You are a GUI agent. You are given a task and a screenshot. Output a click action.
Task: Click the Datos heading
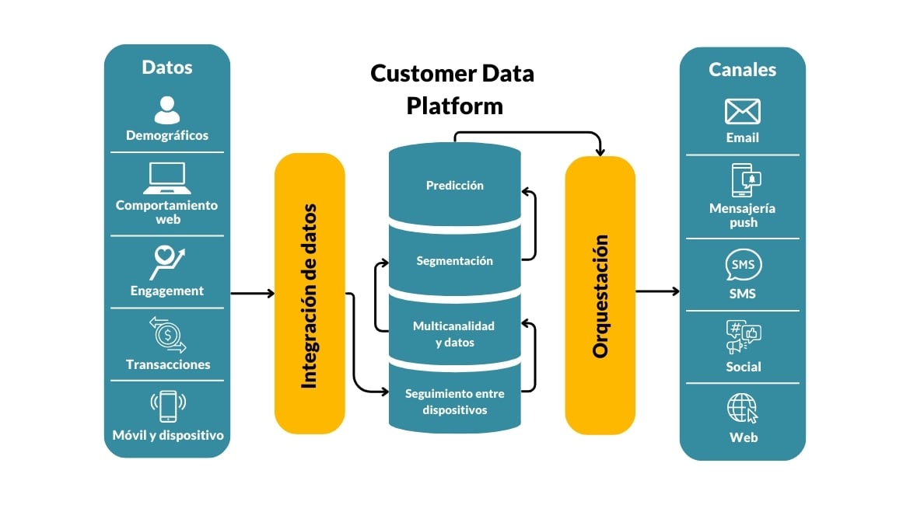click(166, 67)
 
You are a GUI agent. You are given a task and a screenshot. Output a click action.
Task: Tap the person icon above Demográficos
click(166, 110)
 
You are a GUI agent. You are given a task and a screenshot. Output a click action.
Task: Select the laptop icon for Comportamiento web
click(166, 178)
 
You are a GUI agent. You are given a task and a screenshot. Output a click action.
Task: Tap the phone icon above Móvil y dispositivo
click(166, 406)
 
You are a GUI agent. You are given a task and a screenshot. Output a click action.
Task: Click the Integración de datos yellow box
click(309, 294)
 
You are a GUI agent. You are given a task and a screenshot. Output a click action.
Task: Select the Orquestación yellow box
click(600, 295)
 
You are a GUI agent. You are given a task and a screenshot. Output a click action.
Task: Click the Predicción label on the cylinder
click(454, 186)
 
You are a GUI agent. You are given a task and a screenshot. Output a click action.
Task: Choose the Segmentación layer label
click(454, 260)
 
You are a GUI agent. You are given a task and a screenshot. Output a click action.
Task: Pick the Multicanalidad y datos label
click(454, 333)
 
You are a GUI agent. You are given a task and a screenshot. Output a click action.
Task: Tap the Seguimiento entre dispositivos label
click(454, 401)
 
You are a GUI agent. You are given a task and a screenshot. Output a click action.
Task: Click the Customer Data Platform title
click(453, 89)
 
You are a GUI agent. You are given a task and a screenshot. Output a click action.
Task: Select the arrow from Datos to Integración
click(252, 293)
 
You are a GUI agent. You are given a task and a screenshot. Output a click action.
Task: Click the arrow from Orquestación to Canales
click(657, 292)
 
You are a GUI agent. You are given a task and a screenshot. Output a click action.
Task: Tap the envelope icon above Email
click(742, 112)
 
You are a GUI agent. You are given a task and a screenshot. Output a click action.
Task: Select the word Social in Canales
click(743, 367)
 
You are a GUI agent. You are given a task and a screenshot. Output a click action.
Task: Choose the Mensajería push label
click(743, 215)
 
